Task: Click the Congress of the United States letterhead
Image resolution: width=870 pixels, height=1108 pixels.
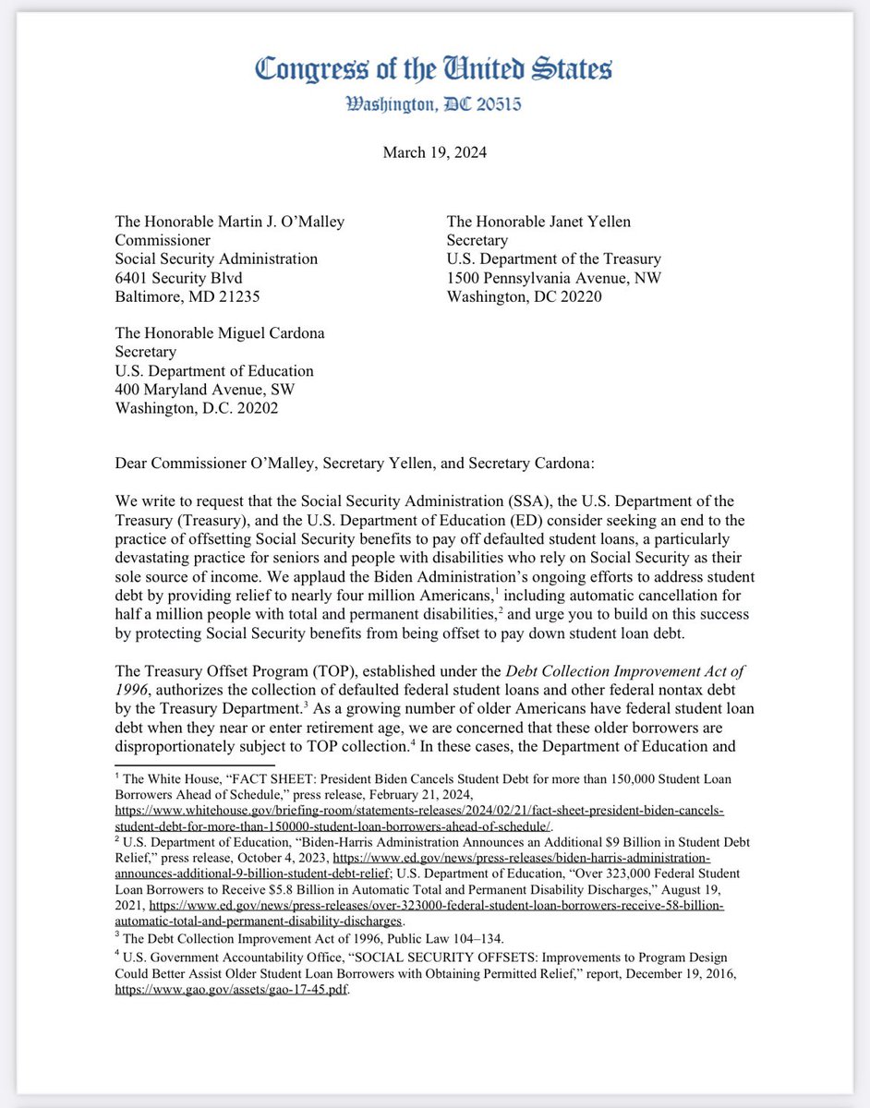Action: [x=433, y=69]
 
